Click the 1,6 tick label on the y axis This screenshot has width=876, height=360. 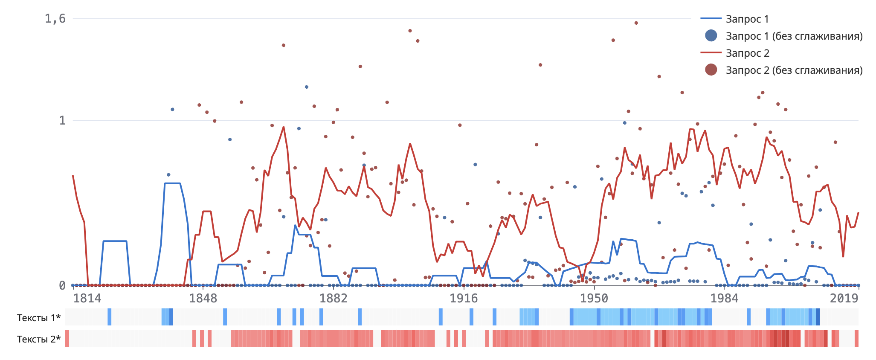(55, 18)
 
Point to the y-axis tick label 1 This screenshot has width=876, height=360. (62, 120)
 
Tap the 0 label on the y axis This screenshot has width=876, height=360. (62, 285)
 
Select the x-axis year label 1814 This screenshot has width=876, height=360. (87, 298)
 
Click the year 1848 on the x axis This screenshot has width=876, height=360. (203, 298)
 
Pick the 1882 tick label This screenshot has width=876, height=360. (333, 298)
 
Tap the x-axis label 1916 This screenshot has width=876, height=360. (464, 298)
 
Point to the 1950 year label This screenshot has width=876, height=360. (594, 298)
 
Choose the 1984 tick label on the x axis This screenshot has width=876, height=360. (724, 298)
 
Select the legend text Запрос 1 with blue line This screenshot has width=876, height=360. (747, 19)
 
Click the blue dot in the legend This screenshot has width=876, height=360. (711, 36)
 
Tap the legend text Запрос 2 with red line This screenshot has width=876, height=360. (748, 53)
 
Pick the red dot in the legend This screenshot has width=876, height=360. (711, 70)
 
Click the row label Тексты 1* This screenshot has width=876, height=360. (39, 318)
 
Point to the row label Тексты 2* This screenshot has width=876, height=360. (39, 339)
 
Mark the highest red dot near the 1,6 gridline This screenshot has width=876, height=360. (636, 23)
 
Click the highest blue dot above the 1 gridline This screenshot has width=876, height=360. (306, 87)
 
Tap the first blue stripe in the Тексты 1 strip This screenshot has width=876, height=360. (110, 317)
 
